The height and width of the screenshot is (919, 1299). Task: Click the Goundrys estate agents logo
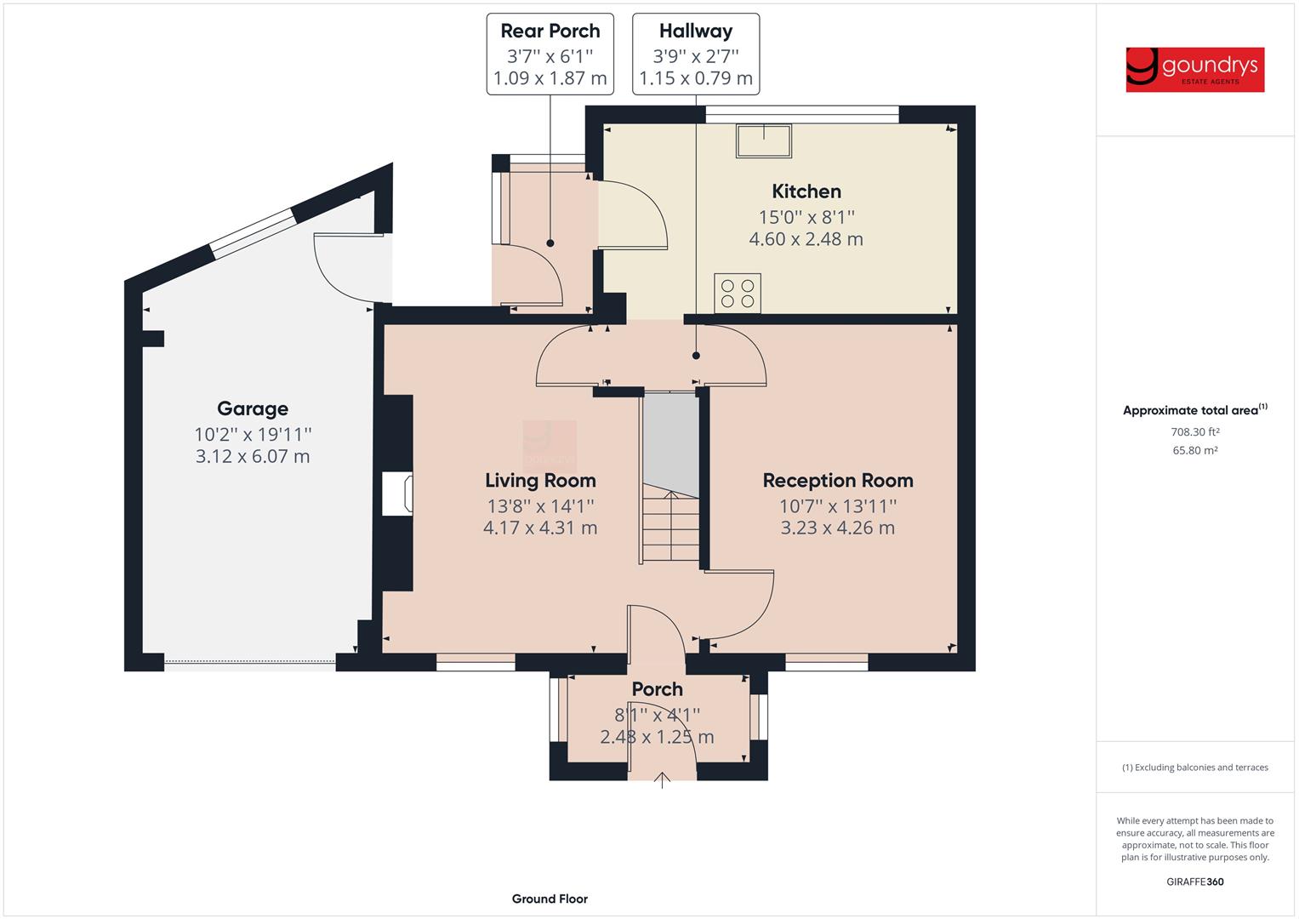coord(1194,70)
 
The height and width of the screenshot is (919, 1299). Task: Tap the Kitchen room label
coord(806,191)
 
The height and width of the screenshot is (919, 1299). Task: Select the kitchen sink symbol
coord(764,140)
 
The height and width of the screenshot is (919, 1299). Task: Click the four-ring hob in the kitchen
coord(738,293)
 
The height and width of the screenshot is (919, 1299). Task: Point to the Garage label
coord(253,409)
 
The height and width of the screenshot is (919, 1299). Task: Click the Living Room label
coord(540,481)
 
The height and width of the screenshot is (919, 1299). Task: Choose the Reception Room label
coord(838,481)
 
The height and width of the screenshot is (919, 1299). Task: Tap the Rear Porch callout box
coord(550,54)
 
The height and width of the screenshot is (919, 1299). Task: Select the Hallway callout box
coord(696,54)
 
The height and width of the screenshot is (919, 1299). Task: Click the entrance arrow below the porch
coord(662,779)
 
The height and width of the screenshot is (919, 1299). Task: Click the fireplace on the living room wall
coord(397,494)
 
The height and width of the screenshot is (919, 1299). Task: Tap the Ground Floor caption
coord(550,899)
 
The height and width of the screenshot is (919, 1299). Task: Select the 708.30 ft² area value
coord(1195,431)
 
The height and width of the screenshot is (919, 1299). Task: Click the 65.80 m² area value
coord(1195,450)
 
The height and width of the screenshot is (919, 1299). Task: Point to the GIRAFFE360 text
coord(1195,882)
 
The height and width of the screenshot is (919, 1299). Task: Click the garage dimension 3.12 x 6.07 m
coord(253,457)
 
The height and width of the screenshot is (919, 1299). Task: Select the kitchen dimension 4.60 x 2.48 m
coord(806,239)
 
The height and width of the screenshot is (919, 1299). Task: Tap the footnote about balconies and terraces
coord(1195,768)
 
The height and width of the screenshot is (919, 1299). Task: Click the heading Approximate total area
coord(1195,410)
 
